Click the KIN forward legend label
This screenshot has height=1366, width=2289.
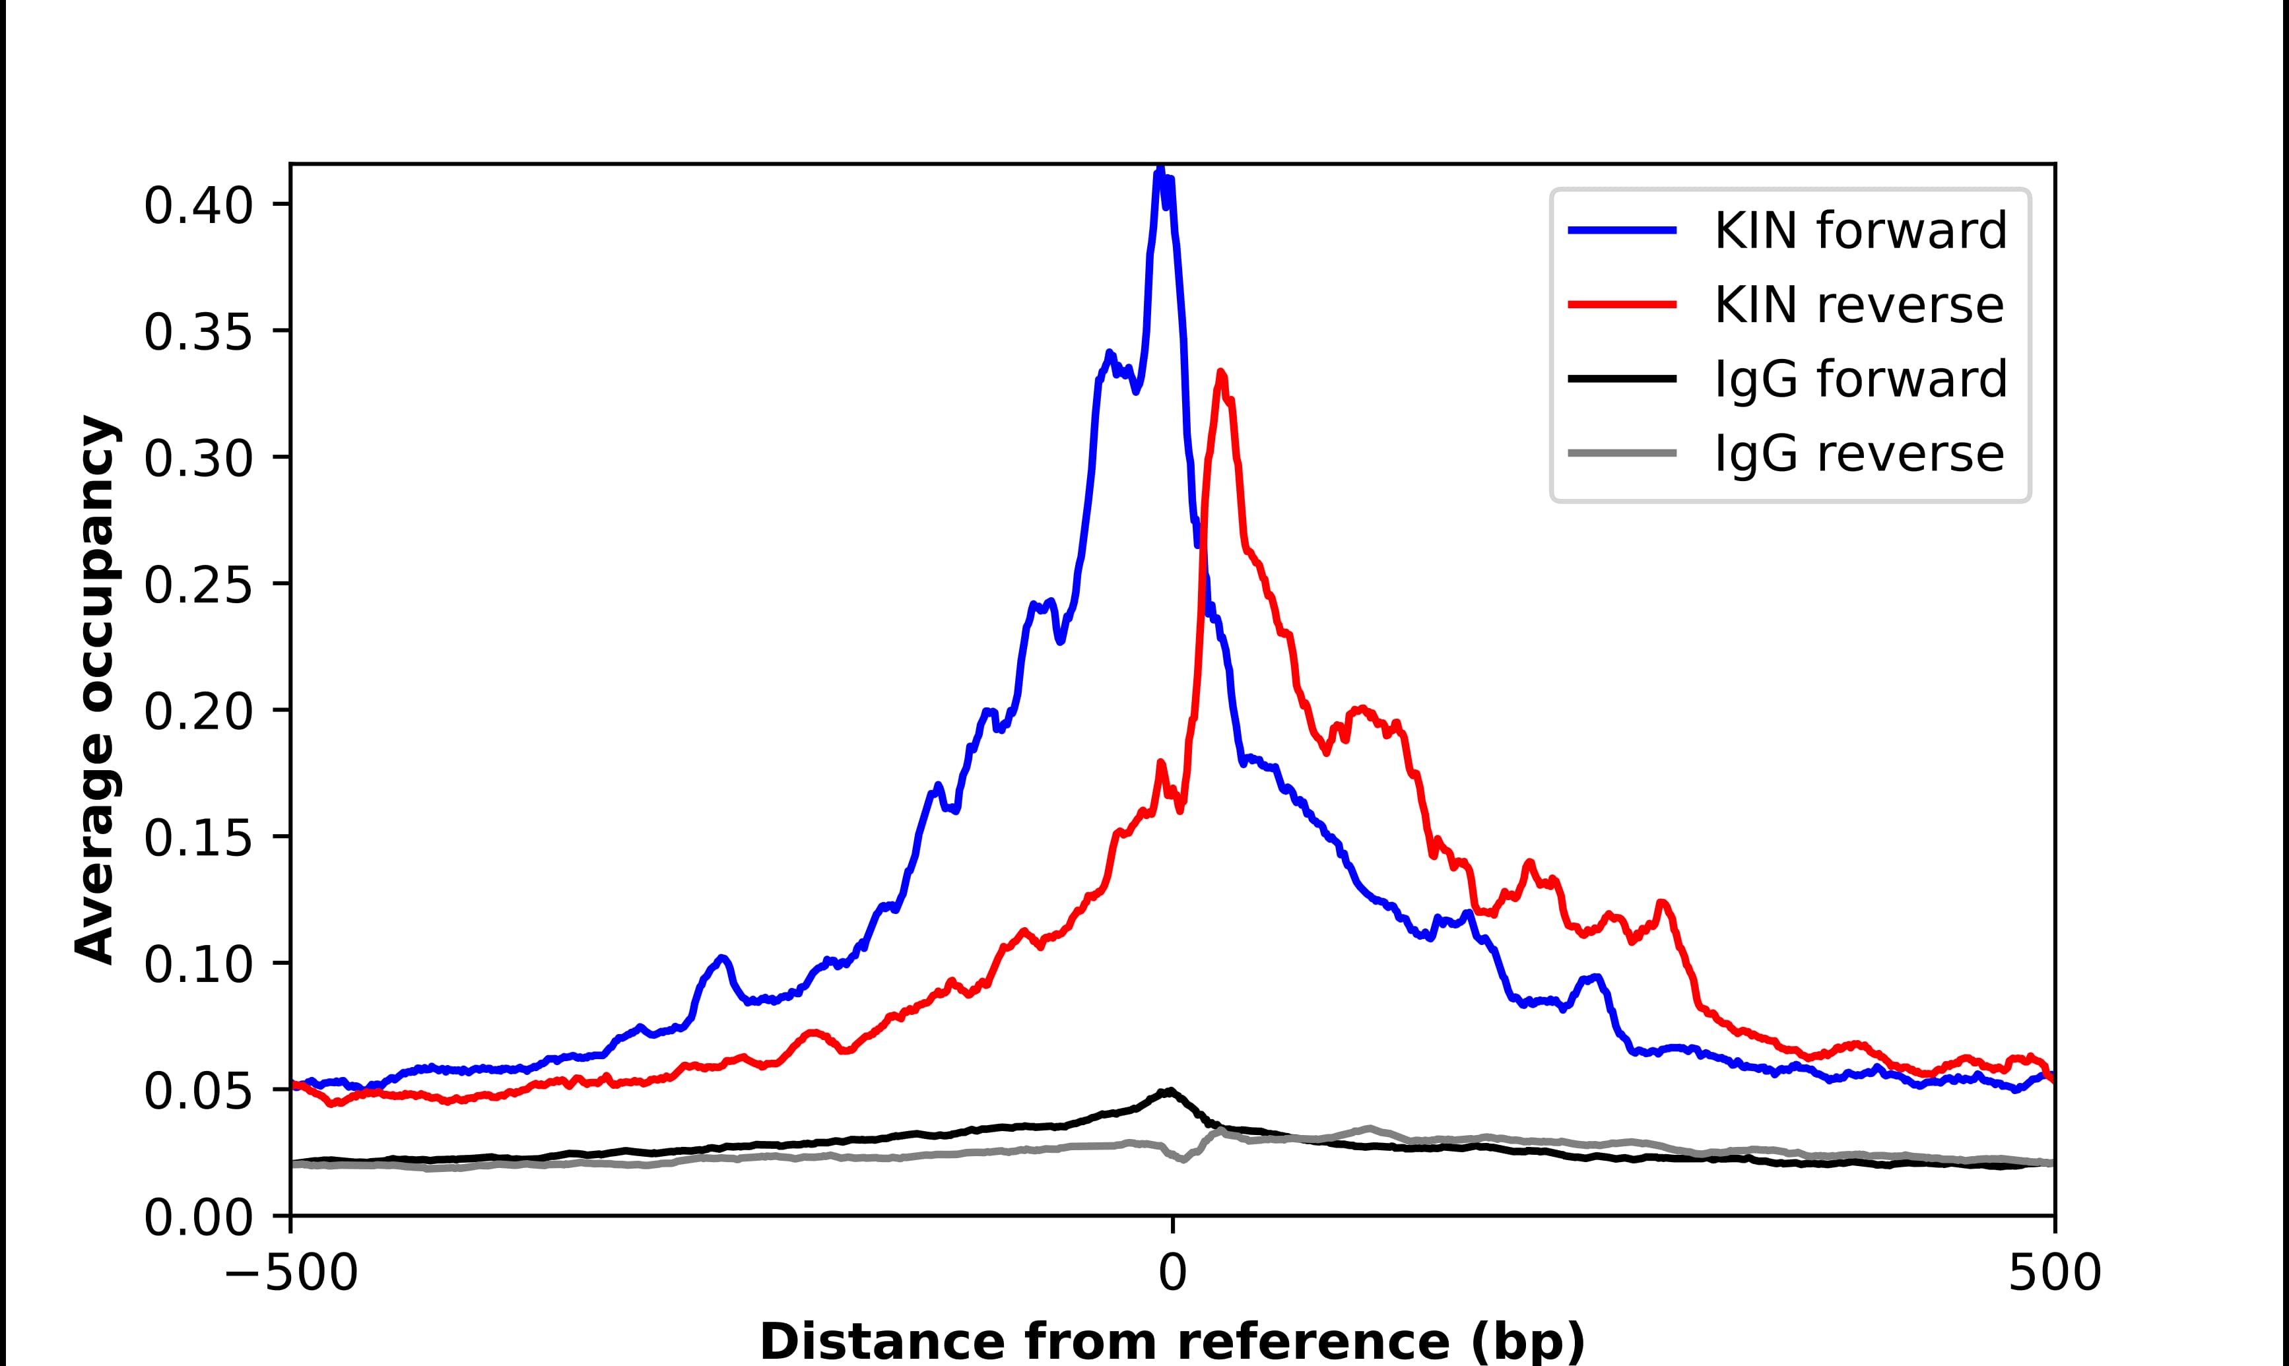click(1860, 230)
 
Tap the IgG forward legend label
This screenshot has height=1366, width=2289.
click(1860, 379)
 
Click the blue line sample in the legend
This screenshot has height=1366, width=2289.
click(1622, 230)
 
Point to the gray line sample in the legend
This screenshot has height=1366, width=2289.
click(1622, 453)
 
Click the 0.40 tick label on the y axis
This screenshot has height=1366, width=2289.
click(198, 205)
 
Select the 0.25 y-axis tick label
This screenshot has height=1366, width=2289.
click(198, 585)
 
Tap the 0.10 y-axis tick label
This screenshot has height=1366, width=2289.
click(198, 965)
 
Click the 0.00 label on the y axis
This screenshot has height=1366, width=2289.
click(198, 1218)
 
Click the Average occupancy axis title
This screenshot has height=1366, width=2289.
click(96, 690)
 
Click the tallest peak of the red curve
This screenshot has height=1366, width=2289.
click(1221, 373)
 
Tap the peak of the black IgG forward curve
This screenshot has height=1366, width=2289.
click(1170, 1091)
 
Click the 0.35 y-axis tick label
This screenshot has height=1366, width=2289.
click(198, 333)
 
